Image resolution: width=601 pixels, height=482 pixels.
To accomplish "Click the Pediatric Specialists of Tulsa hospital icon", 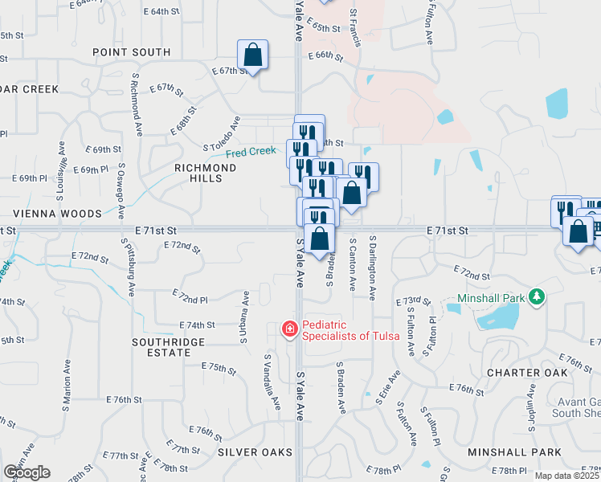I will click(289, 329).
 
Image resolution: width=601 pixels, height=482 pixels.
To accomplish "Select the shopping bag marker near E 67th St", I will click(252, 55).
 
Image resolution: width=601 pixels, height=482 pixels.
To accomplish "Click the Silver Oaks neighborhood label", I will click(256, 452).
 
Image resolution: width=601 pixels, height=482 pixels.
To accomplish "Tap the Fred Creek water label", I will click(250, 152).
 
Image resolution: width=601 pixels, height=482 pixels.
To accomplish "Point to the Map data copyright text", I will click(567, 476).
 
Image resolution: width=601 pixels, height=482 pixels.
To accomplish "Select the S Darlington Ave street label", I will click(373, 268).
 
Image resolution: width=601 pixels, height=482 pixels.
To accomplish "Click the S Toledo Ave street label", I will click(222, 134).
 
